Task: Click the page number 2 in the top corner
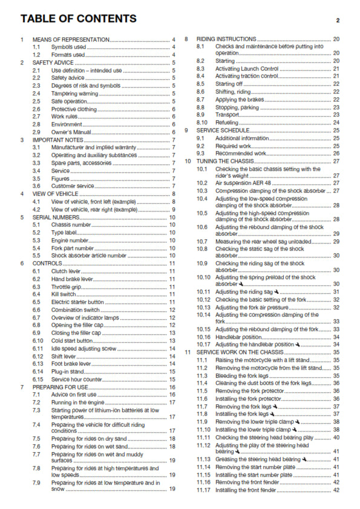[338, 20]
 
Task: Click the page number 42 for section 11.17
[336, 490]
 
